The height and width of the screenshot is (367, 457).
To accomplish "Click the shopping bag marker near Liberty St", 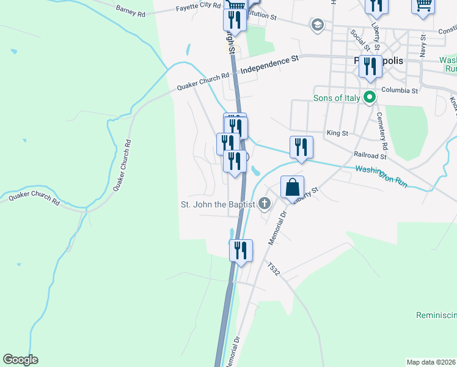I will point(293,187).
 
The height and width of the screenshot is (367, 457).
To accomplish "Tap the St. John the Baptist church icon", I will point(265,204).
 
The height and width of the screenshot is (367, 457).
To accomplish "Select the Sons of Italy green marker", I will point(369,97).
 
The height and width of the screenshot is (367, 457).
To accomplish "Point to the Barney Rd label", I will point(130,10).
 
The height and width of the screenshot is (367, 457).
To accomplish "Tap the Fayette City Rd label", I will point(198,6).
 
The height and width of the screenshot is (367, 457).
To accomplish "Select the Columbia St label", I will point(399,91).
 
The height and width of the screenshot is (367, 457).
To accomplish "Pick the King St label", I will point(337,133).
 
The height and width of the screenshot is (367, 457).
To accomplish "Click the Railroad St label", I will point(370,155).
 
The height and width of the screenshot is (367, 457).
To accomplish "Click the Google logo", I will point(20,360).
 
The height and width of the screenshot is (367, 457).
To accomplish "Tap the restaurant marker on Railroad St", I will point(301,147).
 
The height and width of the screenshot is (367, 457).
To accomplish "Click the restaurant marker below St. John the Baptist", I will point(241,250).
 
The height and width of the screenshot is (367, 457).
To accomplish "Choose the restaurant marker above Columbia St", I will point(370,66).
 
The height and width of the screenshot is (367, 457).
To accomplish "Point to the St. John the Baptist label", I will point(218,204).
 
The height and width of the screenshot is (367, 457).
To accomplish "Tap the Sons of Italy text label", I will point(335,98).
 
